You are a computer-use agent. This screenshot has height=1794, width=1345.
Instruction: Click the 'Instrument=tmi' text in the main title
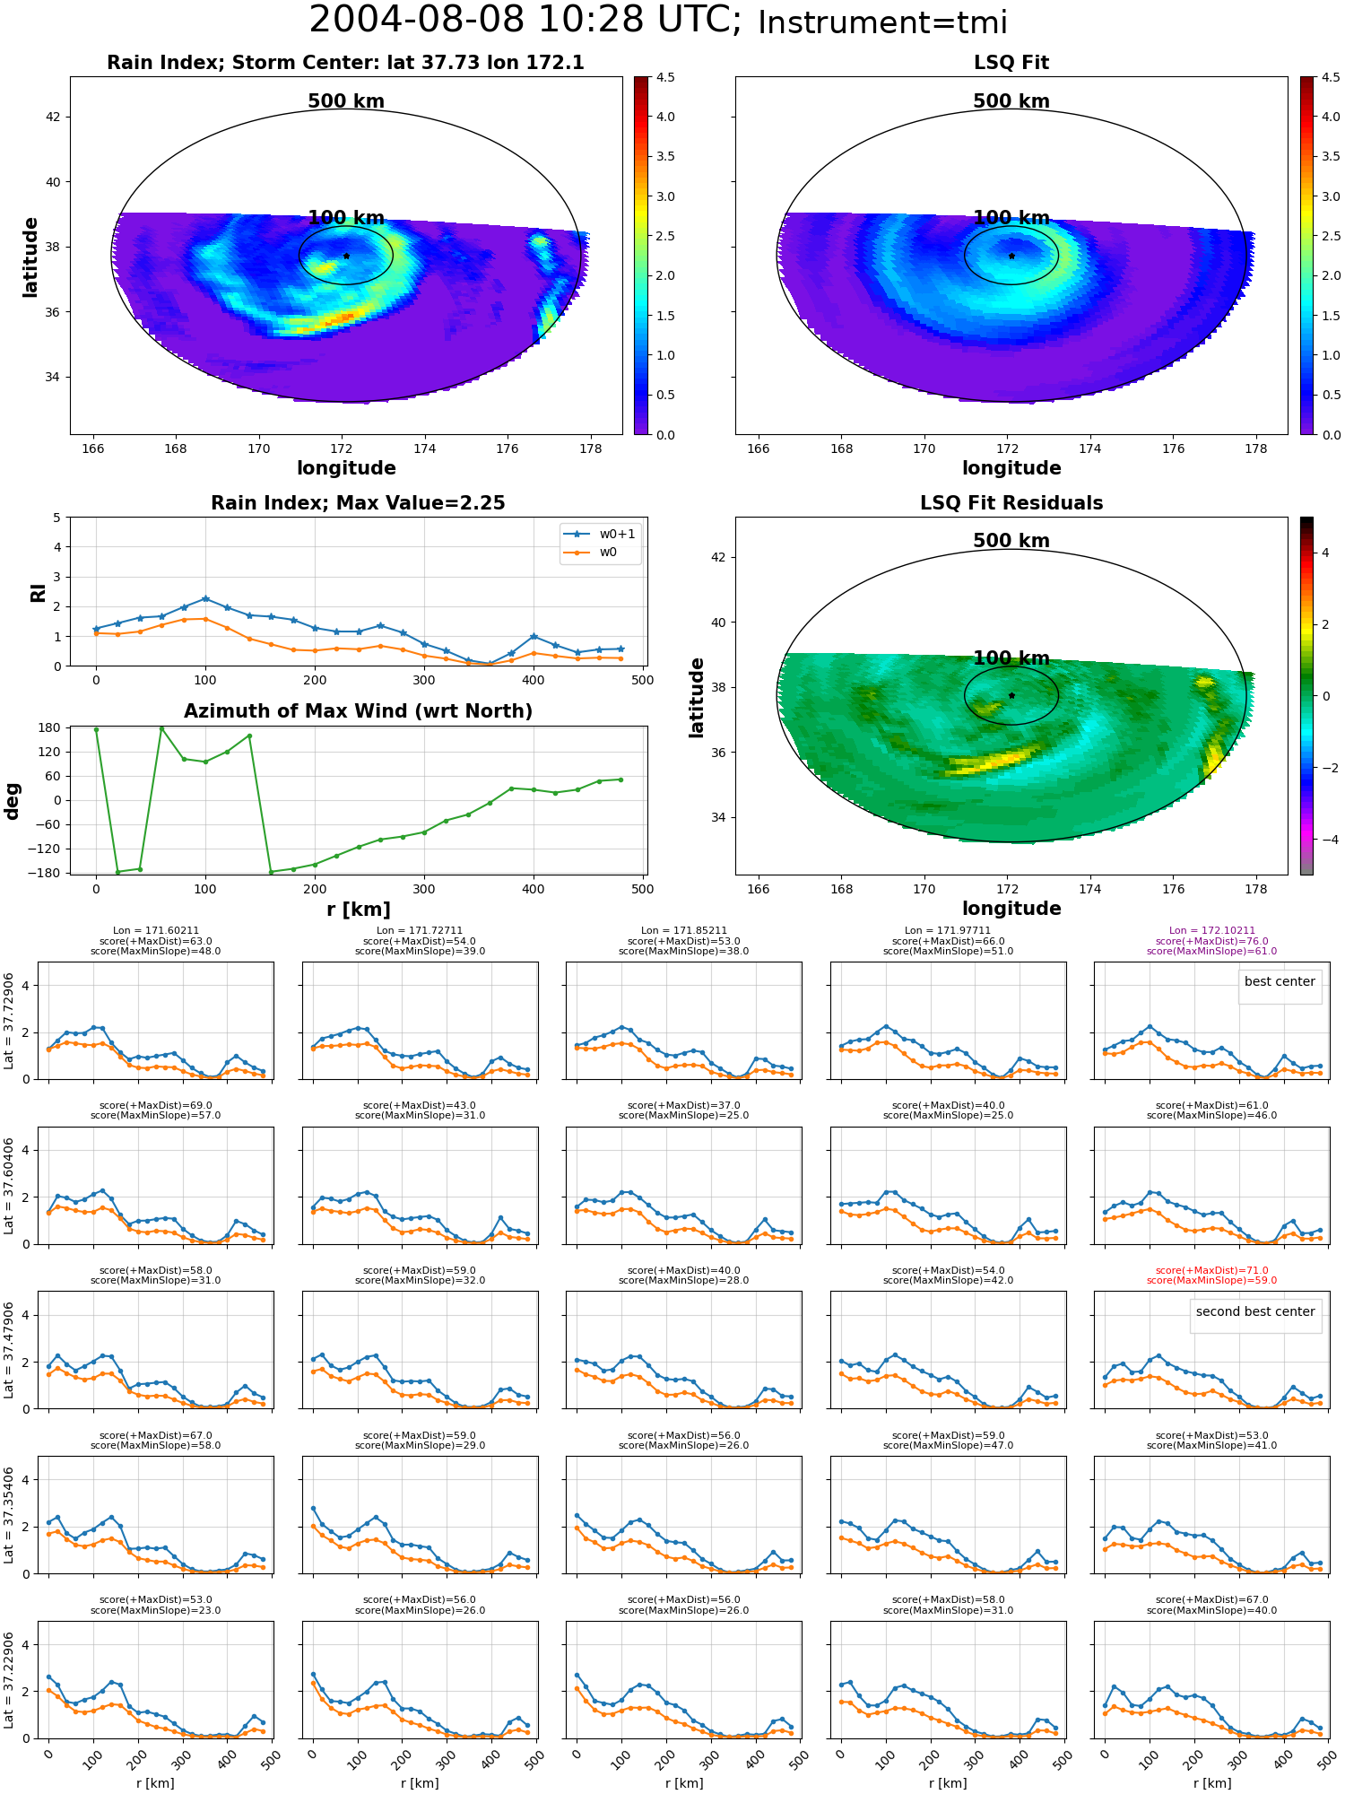(x=882, y=22)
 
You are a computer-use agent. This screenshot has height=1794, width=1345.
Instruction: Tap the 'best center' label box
(x=1280, y=982)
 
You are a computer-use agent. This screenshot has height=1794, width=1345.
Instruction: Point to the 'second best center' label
(x=1255, y=1311)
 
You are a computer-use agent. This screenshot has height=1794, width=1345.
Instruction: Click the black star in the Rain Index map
(x=346, y=256)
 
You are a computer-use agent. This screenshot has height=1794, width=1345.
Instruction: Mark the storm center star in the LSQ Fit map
(x=1011, y=256)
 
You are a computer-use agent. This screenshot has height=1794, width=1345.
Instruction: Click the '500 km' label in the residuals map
(x=1011, y=541)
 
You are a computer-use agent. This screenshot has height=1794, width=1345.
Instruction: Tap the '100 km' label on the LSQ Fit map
(x=1011, y=218)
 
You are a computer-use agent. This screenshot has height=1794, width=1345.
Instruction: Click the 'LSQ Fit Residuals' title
(x=1011, y=503)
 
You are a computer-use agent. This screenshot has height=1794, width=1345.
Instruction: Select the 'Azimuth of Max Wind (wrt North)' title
(x=359, y=711)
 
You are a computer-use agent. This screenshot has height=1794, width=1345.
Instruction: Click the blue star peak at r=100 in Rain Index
(x=205, y=598)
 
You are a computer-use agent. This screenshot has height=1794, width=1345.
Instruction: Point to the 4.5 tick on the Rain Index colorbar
(x=664, y=77)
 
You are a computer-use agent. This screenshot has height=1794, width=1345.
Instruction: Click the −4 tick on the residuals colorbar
(x=1325, y=840)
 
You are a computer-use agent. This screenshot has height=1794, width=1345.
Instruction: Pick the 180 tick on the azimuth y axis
(x=50, y=727)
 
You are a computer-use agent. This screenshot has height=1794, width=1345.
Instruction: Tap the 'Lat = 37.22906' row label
(x=9, y=1680)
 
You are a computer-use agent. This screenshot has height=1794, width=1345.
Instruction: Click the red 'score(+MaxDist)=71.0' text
(x=1212, y=1270)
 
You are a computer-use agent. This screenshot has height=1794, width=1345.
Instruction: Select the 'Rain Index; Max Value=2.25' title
(x=359, y=503)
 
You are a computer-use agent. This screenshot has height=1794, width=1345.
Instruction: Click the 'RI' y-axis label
(x=39, y=592)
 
